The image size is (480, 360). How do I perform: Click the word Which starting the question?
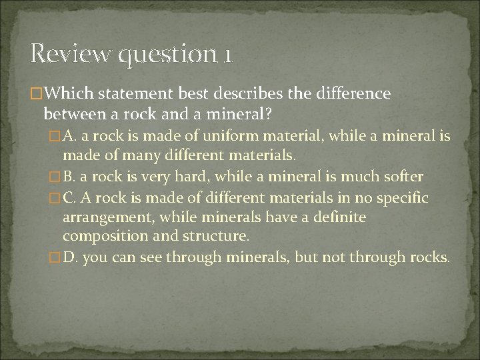70,93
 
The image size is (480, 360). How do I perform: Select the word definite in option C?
337,217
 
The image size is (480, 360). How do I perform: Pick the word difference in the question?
357,93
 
